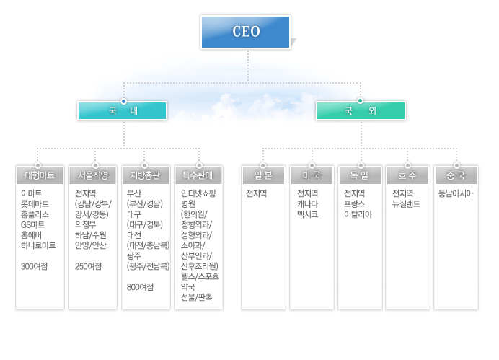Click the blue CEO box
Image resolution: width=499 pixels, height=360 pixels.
coord(247,32)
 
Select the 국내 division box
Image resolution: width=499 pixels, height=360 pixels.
coord(123,110)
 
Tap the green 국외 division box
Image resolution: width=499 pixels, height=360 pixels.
coord(361,110)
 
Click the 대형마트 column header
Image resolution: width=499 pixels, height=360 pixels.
coord(39,175)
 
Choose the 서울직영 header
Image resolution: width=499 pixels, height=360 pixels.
coord(93,175)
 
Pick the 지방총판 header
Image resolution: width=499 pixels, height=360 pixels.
coord(146,175)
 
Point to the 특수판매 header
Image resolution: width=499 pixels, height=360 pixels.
coord(198,175)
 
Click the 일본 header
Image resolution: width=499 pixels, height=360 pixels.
coord(263,175)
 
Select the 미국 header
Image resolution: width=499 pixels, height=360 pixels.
coord(312,175)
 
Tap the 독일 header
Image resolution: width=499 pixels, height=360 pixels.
coord(359,175)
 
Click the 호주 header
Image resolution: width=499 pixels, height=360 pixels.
coord(407,175)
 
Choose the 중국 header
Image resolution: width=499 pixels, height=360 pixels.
coord(456,175)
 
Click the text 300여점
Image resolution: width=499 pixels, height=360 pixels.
coord(35,266)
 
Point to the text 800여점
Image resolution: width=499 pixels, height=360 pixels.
coord(140,287)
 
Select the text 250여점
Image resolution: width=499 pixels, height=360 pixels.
coord(88,266)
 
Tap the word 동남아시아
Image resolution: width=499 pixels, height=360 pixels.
coord(456,193)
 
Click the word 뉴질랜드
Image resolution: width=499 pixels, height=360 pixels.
coord(406,203)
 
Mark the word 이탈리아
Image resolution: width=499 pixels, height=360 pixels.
coord(358,214)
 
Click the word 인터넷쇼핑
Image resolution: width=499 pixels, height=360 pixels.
coord(198,193)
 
